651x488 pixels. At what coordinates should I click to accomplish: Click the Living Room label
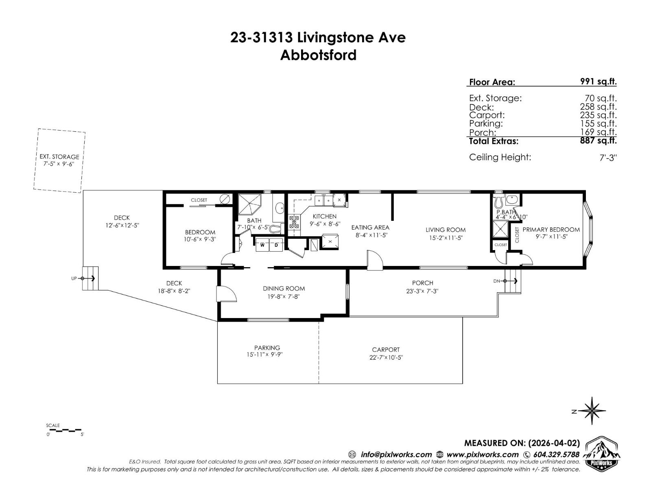coord(446,230)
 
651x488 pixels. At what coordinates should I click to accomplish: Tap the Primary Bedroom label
coord(551,230)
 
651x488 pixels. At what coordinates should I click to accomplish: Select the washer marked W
coord(262,245)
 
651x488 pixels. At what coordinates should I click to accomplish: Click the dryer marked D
coord(276,245)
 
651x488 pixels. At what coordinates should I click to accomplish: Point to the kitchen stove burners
coord(294,222)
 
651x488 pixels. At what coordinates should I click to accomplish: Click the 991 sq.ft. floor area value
coord(598,81)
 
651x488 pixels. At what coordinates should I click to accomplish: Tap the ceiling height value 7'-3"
coord(608,157)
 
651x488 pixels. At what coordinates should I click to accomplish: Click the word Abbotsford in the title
coord(318,55)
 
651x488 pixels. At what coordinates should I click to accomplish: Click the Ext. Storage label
coord(59,157)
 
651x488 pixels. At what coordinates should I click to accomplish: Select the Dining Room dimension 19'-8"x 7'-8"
coord(284,296)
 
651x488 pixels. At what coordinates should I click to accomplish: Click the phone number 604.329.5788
coord(556,454)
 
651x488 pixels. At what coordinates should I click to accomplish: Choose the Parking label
coord(267,348)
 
